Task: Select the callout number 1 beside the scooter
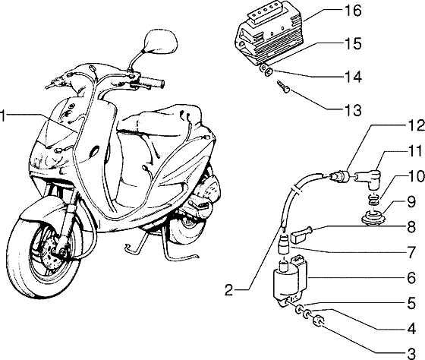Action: point(5,115)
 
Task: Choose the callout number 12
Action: point(411,125)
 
